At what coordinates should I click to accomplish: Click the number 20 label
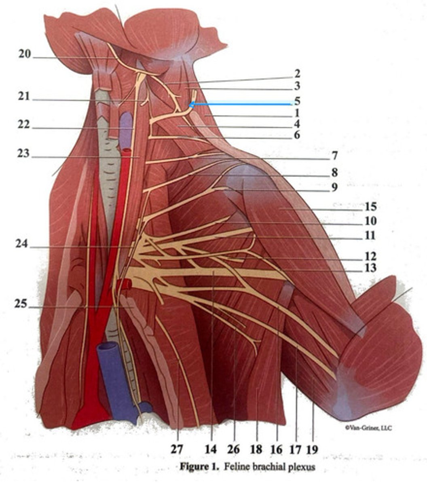pos(24,54)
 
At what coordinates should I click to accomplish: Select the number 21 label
pos(24,97)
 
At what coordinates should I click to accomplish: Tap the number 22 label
pos(24,125)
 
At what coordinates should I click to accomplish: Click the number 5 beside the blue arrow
pos(297,100)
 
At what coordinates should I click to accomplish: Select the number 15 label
pos(370,207)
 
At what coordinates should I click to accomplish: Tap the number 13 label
pos(370,268)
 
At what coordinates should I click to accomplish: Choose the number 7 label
pos(334,156)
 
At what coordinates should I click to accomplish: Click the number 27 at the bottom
pos(177,449)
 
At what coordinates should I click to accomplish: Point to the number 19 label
pos(312,449)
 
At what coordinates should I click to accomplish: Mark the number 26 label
pos(233,449)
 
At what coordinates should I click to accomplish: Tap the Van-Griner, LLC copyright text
pos(368,428)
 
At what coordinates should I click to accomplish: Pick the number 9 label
pos(334,188)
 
